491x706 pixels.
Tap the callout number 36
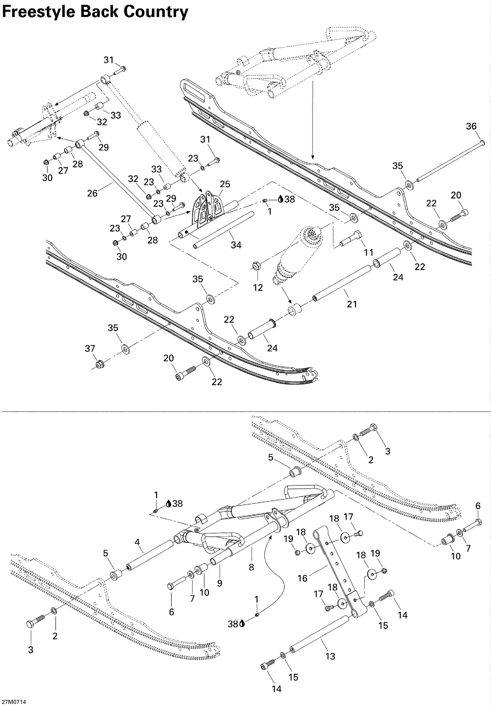[x=471, y=126]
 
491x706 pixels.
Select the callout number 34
[x=236, y=245]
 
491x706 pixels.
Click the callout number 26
[x=92, y=193]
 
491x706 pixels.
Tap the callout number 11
[x=369, y=253]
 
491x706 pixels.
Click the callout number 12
[x=258, y=288]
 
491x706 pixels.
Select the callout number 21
[x=352, y=304]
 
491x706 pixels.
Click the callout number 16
[x=302, y=578]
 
